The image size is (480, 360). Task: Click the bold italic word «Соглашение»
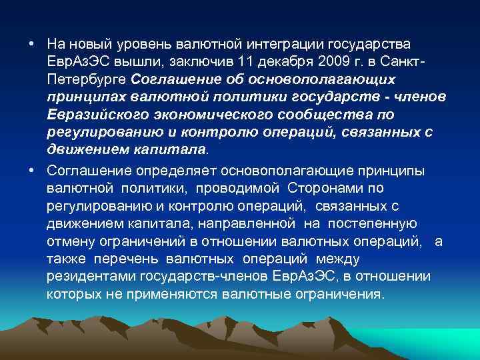173,79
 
